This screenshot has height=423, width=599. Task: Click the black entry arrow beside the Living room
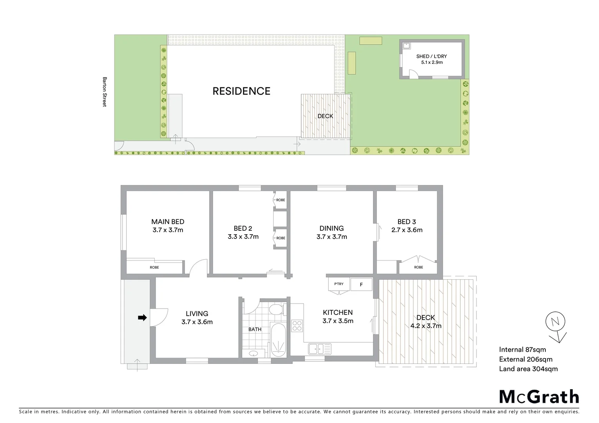[142, 318]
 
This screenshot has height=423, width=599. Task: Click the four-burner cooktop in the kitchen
[297, 326]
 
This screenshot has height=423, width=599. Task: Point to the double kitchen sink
[319, 348]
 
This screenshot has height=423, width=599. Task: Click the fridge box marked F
[361, 285]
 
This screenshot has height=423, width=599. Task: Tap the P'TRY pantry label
[339, 284]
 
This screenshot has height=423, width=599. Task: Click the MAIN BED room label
[168, 222]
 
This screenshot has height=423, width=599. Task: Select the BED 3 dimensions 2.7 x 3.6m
[407, 230]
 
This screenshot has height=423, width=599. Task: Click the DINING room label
[331, 228]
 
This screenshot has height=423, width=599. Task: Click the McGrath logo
[539, 397]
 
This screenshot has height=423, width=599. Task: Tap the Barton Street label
[105, 92]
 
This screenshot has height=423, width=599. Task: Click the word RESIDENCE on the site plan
[241, 91]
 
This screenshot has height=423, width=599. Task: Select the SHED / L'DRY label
[431, 56]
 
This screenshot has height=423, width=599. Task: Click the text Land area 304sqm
[528, 369]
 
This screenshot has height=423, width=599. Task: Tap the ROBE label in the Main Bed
[154, 268]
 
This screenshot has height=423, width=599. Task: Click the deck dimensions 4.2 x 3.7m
[425, 326]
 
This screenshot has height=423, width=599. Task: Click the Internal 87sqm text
[522, 350]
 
